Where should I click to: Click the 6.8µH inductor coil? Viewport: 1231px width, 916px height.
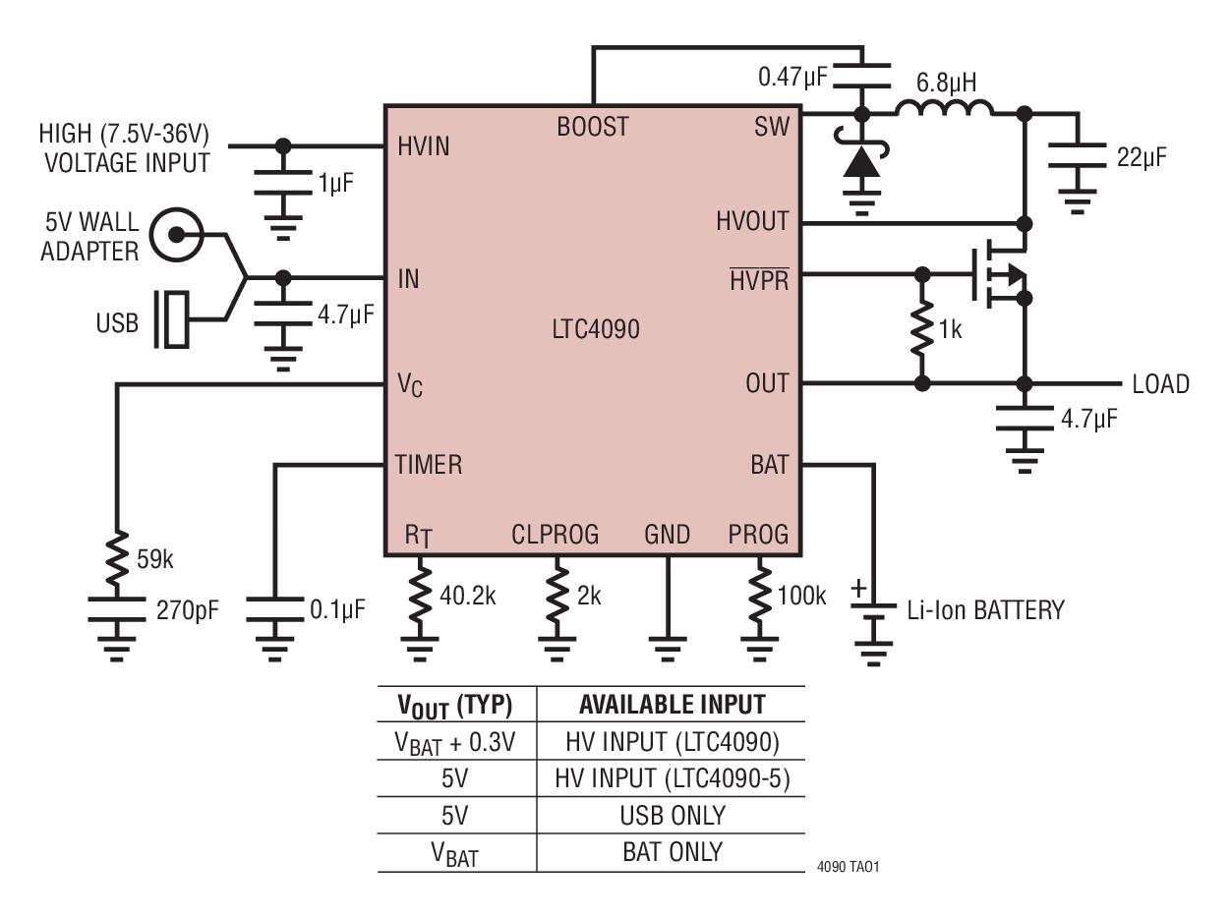(x=944, y=108)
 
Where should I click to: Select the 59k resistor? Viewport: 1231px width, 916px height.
(x=117, y=558)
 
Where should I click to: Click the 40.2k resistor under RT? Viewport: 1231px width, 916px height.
(x=420, y=596)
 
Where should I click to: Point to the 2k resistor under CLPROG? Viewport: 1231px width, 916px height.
(x=557, y=596)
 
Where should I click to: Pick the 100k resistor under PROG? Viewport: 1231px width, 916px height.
(x=759, y=596)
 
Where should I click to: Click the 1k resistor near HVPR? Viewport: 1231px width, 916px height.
(x=922, y=329)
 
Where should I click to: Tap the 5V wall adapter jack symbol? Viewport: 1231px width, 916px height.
(x=177, y=235)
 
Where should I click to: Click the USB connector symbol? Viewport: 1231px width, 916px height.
(x=171, y=319)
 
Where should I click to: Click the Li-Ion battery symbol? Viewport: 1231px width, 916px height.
(x=873, y=611)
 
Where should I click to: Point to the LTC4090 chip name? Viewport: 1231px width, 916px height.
(x=596, y=329)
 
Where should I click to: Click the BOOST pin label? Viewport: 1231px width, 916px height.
(x=593, y=127)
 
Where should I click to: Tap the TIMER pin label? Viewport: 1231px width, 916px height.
(x=429, y=464)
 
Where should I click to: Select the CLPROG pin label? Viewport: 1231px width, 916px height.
(x=555, y=535)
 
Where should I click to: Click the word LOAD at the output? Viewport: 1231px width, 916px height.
(x=1160, y=384)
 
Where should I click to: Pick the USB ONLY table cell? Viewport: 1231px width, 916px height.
(x=673, y=816)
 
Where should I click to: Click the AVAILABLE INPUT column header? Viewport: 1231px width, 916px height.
(x=673, y=705)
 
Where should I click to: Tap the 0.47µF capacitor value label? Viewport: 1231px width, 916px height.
(x=792, y=77)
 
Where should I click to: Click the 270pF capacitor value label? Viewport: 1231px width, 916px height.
(x=188, y=611)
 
